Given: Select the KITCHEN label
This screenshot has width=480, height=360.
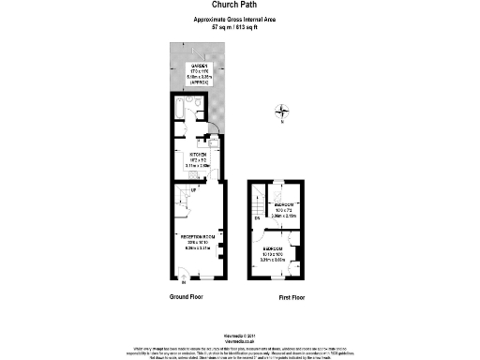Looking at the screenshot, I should point(200,154).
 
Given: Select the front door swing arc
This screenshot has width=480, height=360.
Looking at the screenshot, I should point(184,275).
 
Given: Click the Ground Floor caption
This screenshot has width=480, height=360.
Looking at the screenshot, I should point(186,297).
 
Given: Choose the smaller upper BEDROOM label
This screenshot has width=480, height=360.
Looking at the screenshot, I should point(285,204).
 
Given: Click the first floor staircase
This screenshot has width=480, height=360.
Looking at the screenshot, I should point(258,207).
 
